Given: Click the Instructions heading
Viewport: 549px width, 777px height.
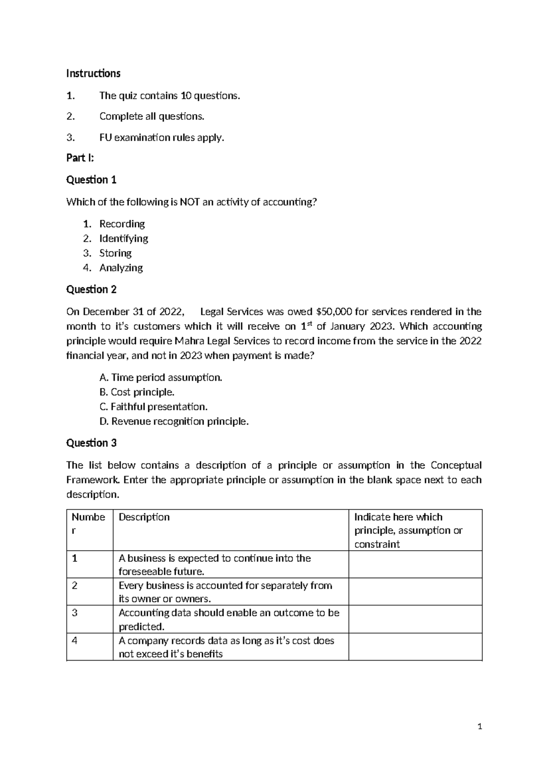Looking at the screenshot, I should pyautogui.click(x=93, y=73).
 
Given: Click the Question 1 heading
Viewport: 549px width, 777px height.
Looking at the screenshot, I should pyautogui.click(x=91, y=180).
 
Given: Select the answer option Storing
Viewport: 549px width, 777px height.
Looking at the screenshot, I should pyautogui.click(x=115, y=253).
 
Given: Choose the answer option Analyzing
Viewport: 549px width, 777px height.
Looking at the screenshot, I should pyautogui.click(x=121, y=268).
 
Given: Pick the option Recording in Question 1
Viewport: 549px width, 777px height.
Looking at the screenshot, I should pyautogui.click(x=122, y=224).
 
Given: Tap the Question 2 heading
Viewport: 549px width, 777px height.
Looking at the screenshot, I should pyautogui.click(x=91, y=290).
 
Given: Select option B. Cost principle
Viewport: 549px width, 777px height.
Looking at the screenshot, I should pyautogui.click(x=137, y=392).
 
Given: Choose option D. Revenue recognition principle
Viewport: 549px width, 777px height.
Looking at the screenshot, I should pyautogui.click(x=174, y=421).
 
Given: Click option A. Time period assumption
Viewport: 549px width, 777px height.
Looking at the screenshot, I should pyautogui.click(x=161, y=378).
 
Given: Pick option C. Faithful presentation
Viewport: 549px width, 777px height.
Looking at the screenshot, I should pyautogui.click(x=153, y=407).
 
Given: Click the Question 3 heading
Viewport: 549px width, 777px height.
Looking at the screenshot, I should pyautogui.click(x=91, y=443).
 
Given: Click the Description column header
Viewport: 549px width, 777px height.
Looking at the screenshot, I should pyautogui.click(x=144, y=517).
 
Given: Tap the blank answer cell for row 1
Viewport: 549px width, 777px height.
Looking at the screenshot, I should pyautogui.click(x=415, y=564).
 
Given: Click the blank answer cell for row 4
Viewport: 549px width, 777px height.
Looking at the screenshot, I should pyautogui.click(x=415, y=647).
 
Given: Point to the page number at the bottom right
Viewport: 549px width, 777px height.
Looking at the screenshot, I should pyautogui.click(x=479, y=726).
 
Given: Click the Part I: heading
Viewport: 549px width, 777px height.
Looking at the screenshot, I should pyautogui.click(x=80, y=158).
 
